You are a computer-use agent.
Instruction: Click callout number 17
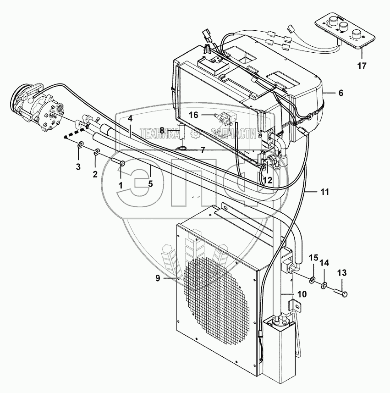tap(362, 66)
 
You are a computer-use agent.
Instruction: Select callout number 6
tap(341, 93)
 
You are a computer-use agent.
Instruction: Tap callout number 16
tap(193, 115)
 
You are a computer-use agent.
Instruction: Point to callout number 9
tap(158, 278)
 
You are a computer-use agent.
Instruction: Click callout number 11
tap(324, 192)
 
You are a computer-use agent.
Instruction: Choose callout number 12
tap(268, 180)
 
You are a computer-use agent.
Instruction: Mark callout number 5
tap(150, 184)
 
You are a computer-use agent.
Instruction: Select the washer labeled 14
tap(324, 285)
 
